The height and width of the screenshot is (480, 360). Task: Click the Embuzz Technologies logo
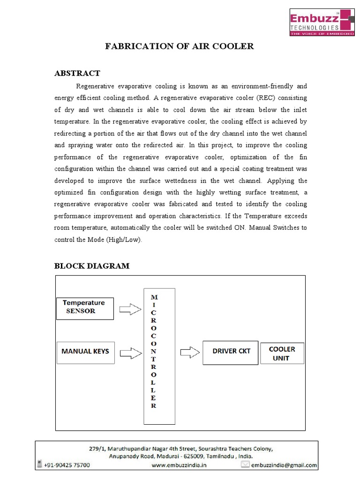(x=320, y=22)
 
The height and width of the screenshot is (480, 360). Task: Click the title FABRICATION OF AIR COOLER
(x=180, y=46)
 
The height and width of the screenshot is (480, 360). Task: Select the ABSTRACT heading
(x=77, y=73)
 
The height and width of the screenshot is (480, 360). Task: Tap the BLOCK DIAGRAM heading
(x=91, y=266)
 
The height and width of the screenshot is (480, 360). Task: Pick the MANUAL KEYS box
(x=85, y=351)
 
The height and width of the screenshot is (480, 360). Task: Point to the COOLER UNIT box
(x=282, y=354)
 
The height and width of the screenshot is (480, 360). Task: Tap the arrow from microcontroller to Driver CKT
(x=189, y=351)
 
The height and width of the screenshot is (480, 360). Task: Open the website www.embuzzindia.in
(x=179, y=465)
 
